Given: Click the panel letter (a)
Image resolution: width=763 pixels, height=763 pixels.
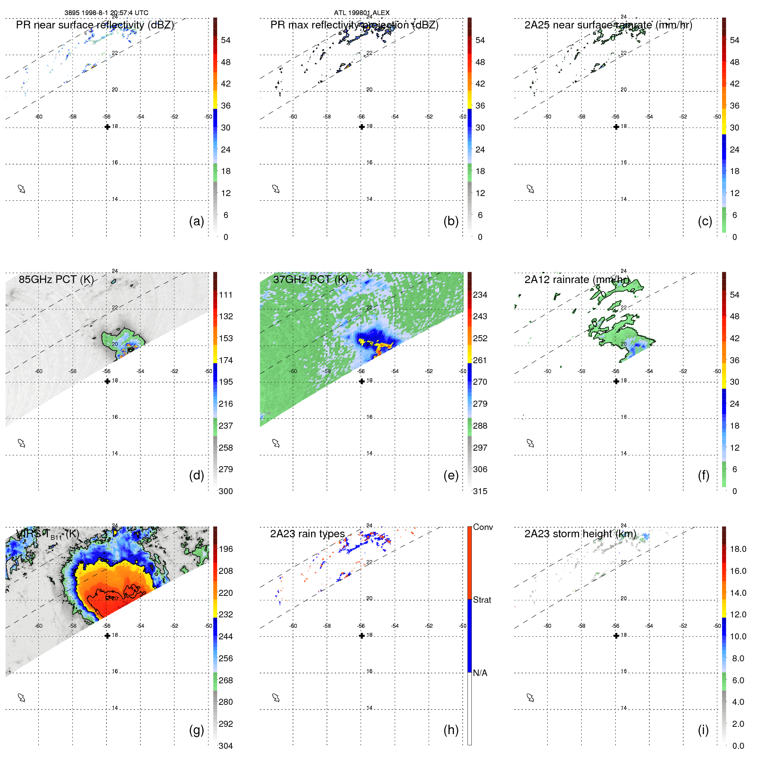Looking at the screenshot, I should point(196,221).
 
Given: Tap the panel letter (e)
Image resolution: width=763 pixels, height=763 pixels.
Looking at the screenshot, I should point(451,475).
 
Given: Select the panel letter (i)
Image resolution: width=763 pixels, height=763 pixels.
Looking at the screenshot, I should point(703,730).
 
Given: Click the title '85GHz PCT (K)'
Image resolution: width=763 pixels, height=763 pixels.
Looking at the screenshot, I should point(56,279).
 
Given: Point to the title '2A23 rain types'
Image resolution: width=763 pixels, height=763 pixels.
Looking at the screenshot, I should point(307,534).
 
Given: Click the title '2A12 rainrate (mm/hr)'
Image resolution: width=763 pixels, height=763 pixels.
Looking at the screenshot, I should point(577,279).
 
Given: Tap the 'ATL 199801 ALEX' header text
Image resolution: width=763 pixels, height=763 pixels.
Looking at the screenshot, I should point(361,12).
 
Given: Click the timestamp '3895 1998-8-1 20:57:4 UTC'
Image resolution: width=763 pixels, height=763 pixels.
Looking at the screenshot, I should point(106,12).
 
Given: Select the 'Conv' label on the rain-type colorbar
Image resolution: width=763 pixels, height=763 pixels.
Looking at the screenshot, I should point(483,527).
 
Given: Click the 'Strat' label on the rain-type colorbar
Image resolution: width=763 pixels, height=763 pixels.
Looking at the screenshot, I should point(482,600).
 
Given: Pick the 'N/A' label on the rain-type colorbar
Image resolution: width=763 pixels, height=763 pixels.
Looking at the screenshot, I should point(480,673).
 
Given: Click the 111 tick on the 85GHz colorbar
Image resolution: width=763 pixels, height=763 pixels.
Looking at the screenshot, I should point(226,295).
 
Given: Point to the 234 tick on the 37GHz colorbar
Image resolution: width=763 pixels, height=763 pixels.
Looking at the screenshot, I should point(480,295).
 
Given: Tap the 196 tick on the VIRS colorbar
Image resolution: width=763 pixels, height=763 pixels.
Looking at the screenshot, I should point(226,549).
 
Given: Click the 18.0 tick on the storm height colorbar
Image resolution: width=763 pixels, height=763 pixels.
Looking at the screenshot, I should point(738,549).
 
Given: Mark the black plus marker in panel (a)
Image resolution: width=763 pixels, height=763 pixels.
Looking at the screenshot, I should point(107,127).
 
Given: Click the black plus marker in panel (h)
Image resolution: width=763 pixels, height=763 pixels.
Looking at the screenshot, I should point(362,635).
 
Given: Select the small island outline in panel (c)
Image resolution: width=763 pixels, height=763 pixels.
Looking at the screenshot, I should point(530,189).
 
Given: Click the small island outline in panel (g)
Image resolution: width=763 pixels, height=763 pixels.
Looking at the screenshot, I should point(22,698).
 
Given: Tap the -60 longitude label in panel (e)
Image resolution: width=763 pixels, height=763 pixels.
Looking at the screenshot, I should point(293,371).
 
